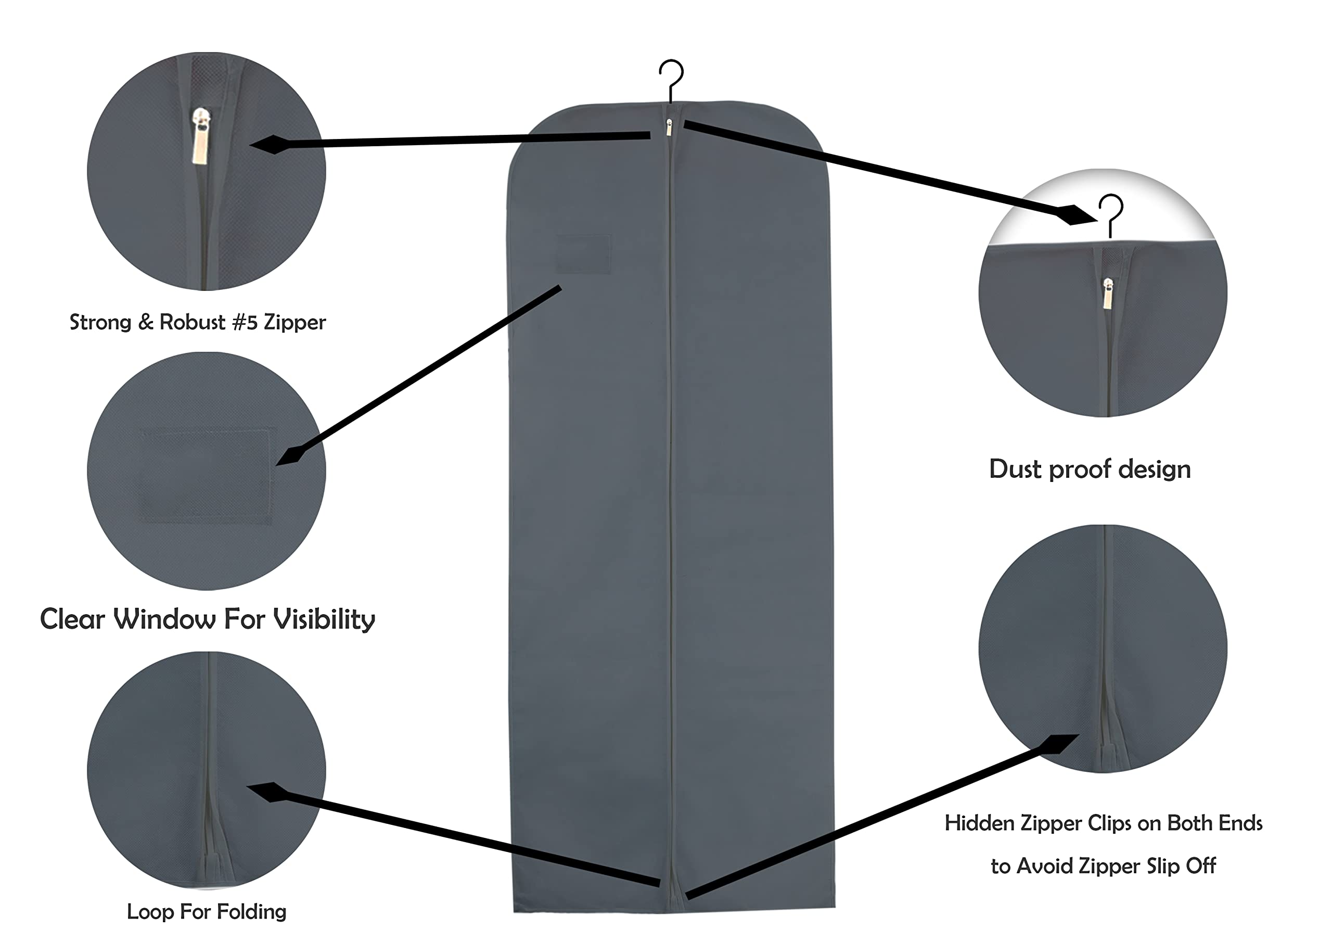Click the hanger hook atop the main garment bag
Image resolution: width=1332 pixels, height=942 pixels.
671,79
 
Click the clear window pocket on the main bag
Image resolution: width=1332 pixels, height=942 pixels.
584,253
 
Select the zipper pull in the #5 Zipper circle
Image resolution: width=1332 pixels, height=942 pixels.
201,137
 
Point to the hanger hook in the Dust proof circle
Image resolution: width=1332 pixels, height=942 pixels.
1110,212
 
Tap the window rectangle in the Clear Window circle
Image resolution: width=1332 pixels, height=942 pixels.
206,476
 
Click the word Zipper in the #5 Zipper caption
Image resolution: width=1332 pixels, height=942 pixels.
294,322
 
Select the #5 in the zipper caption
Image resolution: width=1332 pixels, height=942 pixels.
244,322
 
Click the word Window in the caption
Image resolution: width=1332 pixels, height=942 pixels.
164,619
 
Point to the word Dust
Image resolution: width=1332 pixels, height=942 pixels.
1015,469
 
